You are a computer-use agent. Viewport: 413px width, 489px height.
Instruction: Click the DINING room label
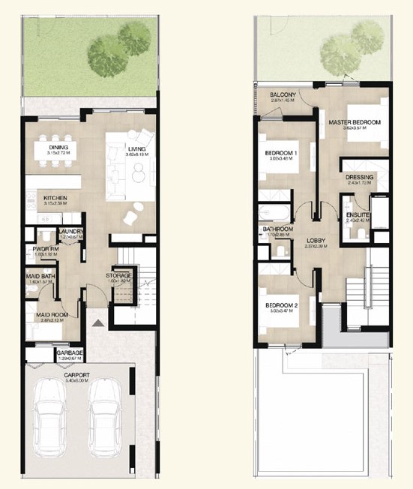click(59, 148)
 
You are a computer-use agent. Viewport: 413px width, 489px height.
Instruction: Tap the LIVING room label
click(136, 149)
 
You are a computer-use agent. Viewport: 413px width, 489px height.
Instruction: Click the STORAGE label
click(118, 276)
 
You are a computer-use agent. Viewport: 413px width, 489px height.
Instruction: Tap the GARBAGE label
click(69, 352)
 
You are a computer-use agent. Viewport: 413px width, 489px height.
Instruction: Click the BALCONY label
click(284, 94)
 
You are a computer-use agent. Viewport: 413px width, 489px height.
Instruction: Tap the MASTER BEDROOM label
click(354, 122)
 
